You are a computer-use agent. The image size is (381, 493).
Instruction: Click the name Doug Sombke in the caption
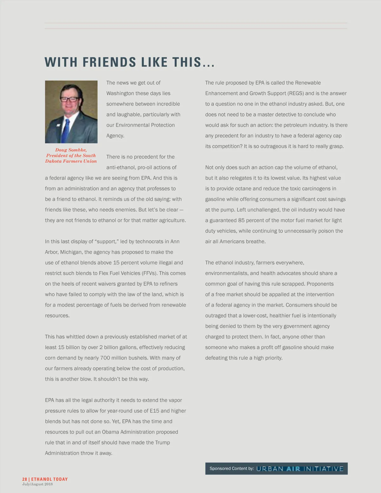71,150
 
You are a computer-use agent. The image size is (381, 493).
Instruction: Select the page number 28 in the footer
24,479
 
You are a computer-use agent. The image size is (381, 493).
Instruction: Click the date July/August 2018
37,484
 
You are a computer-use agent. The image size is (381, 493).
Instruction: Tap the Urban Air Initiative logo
300,469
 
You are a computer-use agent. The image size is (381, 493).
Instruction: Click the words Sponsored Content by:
231,469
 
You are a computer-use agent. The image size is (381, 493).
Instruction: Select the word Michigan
71,252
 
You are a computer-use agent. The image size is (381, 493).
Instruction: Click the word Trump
162,443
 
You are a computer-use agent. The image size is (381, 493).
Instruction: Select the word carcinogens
316,189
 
